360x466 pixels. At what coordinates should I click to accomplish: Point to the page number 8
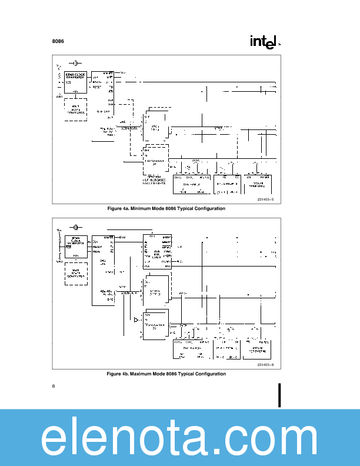click(x=54, y=386)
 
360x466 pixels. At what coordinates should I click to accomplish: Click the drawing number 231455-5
click(x=265, y=201)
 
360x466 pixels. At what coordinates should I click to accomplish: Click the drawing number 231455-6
click(x=265, y=365)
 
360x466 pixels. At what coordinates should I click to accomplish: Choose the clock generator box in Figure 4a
click(x=75, y=82)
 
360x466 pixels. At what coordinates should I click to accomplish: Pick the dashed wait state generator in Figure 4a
click(x=75, y=109)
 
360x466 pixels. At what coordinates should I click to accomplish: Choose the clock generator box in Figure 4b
click(x=75, y=247)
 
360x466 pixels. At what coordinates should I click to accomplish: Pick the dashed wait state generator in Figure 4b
click(x=75, y=274)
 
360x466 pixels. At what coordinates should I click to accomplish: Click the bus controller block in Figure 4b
click(x=158, y=253)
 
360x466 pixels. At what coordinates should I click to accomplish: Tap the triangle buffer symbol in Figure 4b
click(x=136, y=320)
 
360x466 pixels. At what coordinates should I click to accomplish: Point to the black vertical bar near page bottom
click(x=280, y=395)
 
